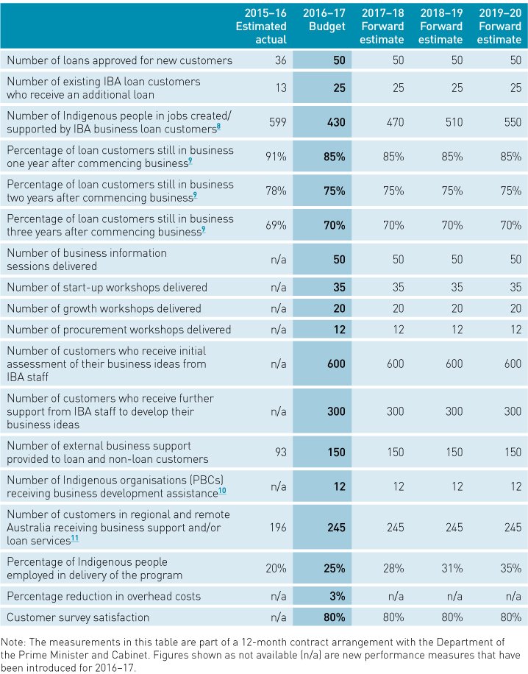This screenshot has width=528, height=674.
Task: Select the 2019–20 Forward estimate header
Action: click(x=499, y=26)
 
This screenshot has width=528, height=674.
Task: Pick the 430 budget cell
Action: click(x=335, y=122)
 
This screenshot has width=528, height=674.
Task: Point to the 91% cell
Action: click(x=276, y=156)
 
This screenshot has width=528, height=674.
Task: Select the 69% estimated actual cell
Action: click(x=276, y=225)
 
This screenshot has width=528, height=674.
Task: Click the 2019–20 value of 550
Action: click(x=510, y=122)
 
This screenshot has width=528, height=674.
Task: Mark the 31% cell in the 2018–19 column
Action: click(x=452, y=569)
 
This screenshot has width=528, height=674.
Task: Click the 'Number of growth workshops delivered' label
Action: click(x=104, y=308)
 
